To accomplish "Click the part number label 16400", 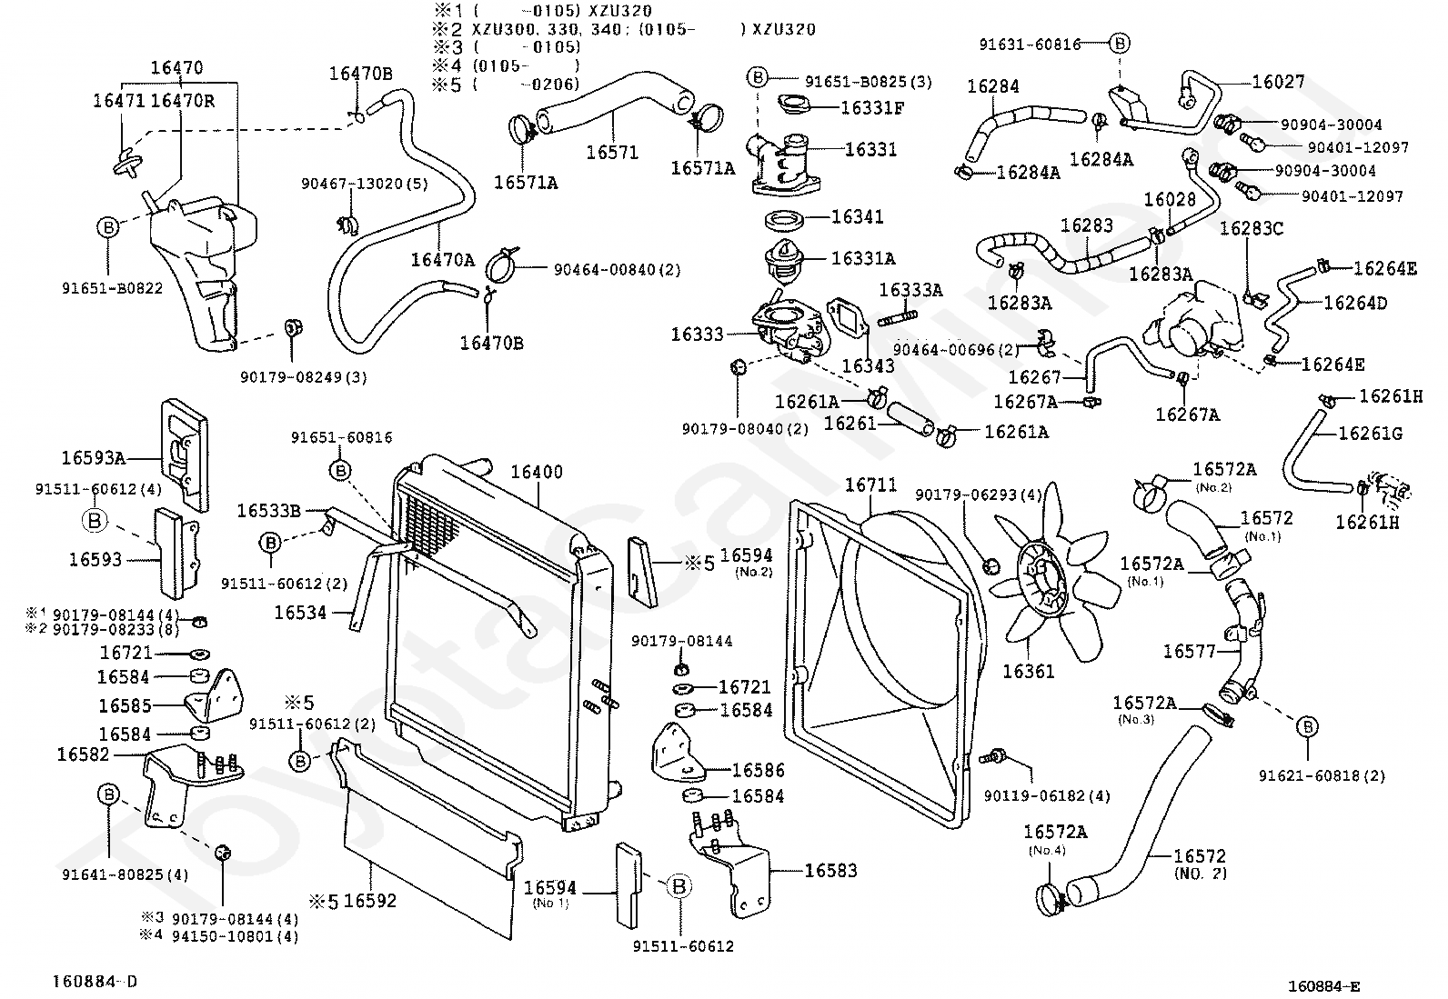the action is pos(537,473).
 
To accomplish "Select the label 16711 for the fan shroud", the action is pos(870,485).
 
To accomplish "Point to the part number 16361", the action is pos(1028,672).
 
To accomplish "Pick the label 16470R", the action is pos(182,101).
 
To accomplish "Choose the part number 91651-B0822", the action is pos(113,288).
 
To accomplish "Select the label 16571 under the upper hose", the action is pos(612,153).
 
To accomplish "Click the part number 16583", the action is pos(830,871).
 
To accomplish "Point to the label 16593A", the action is pos(93,458).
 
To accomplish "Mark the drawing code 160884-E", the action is pos(1324,986).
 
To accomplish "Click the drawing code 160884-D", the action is pos(95,982).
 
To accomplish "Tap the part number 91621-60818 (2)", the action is pos(1322,775).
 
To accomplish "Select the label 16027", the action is pos(1278,82).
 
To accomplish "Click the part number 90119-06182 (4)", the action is pos(1047,796).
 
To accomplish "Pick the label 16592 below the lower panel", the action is pos(370,901).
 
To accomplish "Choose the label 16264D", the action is pos(1355,303).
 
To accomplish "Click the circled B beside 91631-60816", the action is pos(1120,44).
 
